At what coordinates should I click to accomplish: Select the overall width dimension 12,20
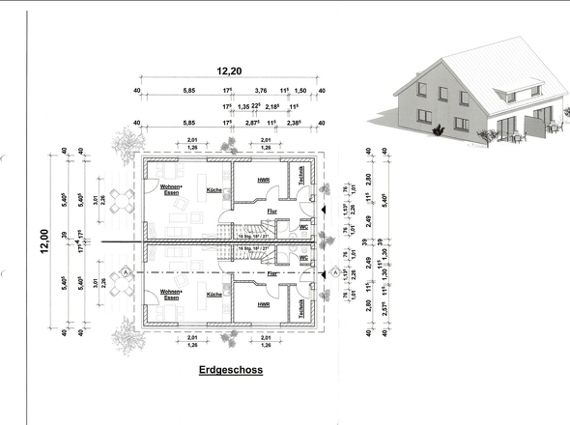pyautogui.click(x=229, y=71)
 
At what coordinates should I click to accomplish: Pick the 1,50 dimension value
pyautogui.click(x=299, y=91)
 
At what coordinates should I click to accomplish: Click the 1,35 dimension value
pyautogui.click(x=244, y=107)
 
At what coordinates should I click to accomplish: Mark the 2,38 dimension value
pyautogui.click(x=294, y=124)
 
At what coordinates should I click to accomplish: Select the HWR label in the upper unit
pyautogui.click(x=263, y=181)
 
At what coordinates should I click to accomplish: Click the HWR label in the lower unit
pyautogui.click(x=263, y=304)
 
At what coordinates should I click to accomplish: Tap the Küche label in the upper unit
pyautogui.click(x=214, y=190)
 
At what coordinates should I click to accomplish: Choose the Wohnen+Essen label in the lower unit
pyautogui.click(x=171, y=292)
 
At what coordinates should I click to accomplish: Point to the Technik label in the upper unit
pyautogui.click(x=302, y=177)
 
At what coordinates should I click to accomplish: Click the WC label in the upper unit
pyautogui.click(x=302, y=228)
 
